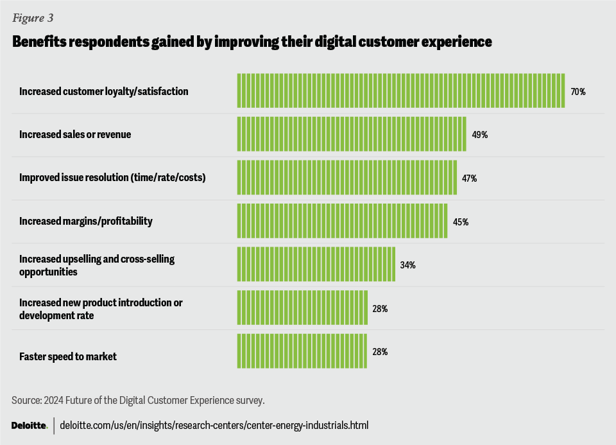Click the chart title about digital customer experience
click(x=252, y=42)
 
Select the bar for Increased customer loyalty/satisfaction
click(x=400, y=91)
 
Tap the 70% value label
click(x=577, y=92)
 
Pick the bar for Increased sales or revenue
click(x=351, y=134)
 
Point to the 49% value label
click(x=479, y=135)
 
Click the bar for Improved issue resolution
click(x=346, y=178)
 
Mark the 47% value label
click(x=469, y=179)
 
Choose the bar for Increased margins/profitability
click(x=342, y=221)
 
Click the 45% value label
click(x=461, y=222)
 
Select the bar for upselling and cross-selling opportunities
click(x=316, y=265)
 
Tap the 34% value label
click(x=408, y=265)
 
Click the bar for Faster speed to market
click(x=302, y=351)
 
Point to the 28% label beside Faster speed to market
click(x=380, y=352)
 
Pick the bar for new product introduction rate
click(x=302, y=308)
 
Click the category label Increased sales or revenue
click(x=75, y=135)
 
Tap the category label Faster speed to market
click(x=67, y=356)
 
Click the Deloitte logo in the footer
click(x=30, y=426)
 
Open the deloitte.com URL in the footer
click(x=214, y=426)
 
